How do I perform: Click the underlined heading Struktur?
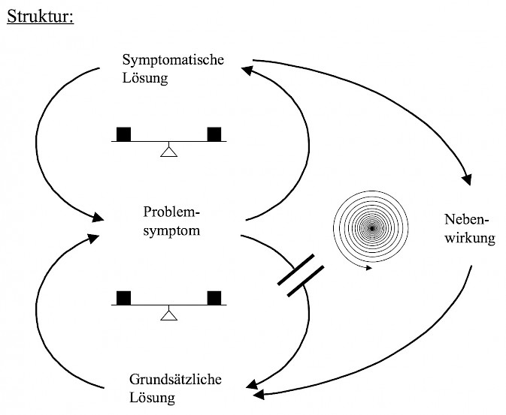39,17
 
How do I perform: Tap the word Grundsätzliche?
174,378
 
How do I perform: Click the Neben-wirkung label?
470,230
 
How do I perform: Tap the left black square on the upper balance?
123,134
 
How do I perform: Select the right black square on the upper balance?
215,134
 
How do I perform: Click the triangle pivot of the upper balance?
168,151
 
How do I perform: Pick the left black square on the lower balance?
123,296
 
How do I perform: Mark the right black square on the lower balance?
215,296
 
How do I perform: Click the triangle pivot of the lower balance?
168,314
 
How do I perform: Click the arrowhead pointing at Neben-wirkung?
467,179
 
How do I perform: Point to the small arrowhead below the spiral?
368,266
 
